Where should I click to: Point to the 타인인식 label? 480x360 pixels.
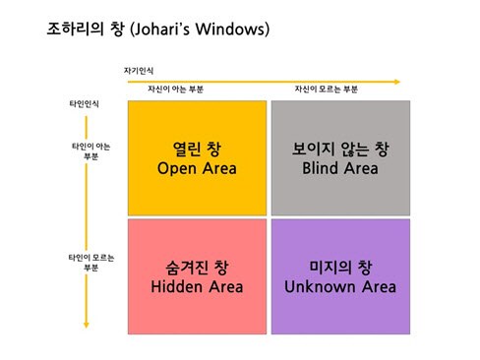pos(69,102)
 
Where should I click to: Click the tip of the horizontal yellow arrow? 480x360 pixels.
pos(400,81)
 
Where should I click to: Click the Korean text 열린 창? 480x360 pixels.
pos(197,150)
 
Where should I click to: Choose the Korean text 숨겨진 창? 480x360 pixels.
pos(197,267)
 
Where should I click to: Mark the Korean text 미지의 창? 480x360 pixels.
pos(339,267)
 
